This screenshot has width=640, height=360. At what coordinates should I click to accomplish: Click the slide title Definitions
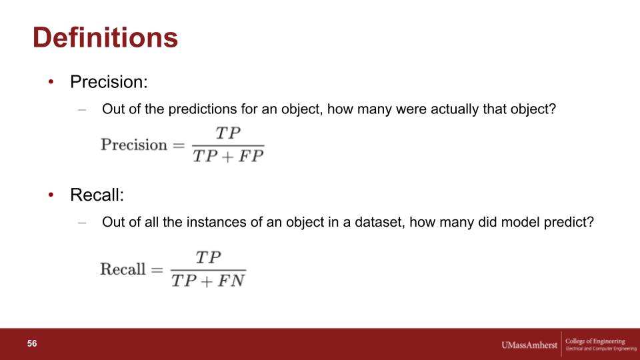(x=105, y=37)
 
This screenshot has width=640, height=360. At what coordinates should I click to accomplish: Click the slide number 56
(x=32, y=343)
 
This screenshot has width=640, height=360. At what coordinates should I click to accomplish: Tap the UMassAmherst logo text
(x=529, y=345)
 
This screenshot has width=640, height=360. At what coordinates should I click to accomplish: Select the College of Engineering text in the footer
(x=595, y=341)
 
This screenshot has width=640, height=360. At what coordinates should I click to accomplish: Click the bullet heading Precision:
(x=109, y=81)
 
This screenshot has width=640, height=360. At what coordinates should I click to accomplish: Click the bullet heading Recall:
(x=97, y=195)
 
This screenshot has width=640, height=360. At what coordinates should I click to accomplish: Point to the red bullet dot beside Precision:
(x=51, y=82)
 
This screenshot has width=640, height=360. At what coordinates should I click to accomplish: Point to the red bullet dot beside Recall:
(x=51, y=195)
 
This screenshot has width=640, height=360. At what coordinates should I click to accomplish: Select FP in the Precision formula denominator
(x=251, y=156)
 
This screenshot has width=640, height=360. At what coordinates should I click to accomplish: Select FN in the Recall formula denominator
(x=231, y=281)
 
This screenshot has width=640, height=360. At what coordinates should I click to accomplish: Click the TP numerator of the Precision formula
(x=228, y=133)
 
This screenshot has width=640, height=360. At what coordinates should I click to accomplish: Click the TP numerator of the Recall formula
(x=208, y=257)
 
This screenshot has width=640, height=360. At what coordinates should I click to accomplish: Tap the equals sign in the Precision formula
(x=179, y=145)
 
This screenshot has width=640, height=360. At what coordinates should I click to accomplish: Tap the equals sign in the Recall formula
(x=157, y=269)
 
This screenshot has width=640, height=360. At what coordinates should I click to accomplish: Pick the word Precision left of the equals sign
(x=134, y=145)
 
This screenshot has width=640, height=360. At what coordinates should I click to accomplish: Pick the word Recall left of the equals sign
(x=123, y=269)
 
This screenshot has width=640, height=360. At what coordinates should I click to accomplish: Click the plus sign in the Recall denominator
(x=207, y=281)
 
